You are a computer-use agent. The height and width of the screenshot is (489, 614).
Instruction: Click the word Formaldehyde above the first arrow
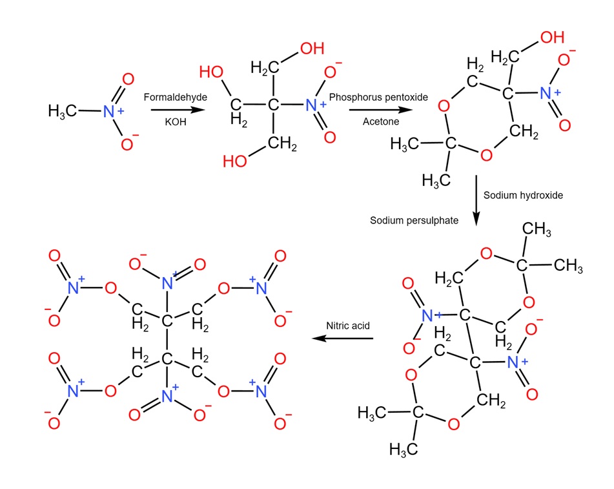[x=170, y=96]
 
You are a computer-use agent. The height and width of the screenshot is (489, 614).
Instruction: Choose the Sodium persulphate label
[x=414, y=220]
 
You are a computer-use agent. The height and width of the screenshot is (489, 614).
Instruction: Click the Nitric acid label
[x=348, y=326]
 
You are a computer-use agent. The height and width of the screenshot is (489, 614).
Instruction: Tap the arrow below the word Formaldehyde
[x=170, y=110]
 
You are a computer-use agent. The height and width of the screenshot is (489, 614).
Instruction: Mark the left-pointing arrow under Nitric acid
[x=342, y=338]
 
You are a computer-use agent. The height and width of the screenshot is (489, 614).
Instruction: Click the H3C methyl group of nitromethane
[x=63, y=111]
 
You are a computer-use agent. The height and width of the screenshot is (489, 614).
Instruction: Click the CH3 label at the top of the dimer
[x=537, y=229]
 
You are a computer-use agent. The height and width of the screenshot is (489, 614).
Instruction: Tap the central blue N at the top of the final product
[x=168, y=282]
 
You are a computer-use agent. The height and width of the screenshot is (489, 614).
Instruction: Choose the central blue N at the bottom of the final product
[x=168, y=390]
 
